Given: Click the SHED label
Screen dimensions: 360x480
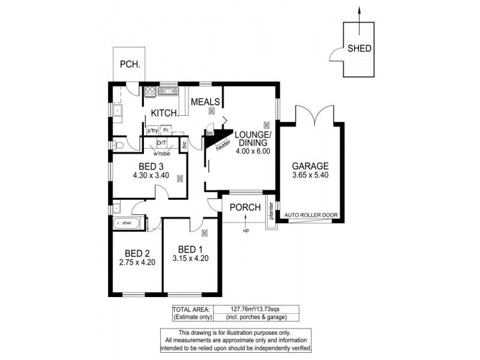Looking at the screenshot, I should [x=359, y=49].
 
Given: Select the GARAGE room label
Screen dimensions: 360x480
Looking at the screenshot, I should [x=310, y=166].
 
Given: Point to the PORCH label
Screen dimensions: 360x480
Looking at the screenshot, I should [x=245, y=208].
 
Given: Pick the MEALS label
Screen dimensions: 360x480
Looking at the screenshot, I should [x=205, y=102].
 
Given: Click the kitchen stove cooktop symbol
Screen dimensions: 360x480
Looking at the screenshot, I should [x=150, y=92].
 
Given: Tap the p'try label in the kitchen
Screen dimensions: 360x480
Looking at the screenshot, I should [x=152, y=130].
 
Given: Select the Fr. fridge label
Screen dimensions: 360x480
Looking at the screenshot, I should [x=166, y=130].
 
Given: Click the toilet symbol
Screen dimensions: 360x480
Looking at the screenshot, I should [x=118, y=145].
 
